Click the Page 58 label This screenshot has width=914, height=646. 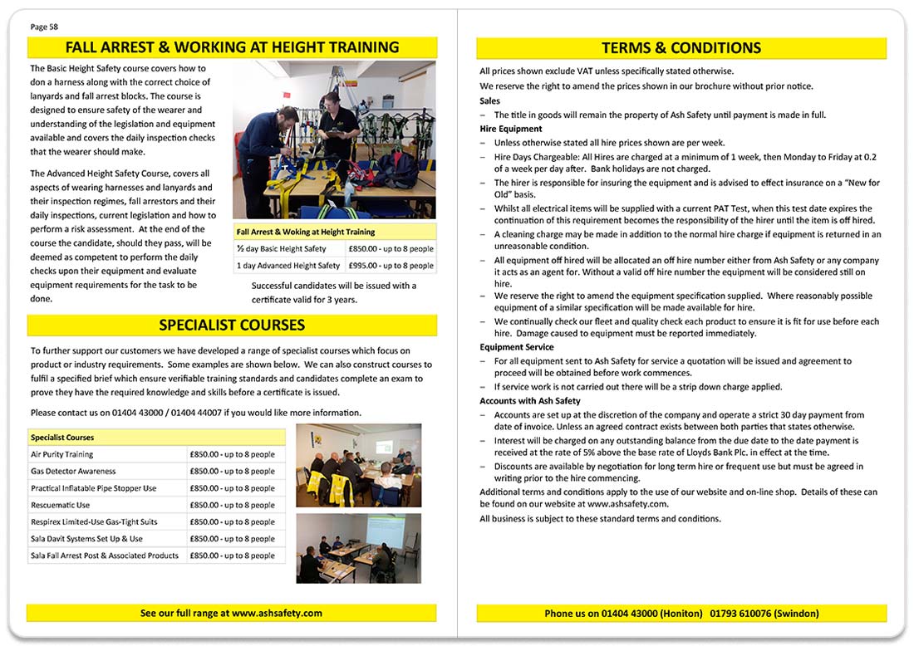(x=44, y=27)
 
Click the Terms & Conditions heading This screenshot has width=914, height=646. (x=681, y=48)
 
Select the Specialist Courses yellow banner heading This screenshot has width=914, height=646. (x=232, y=325)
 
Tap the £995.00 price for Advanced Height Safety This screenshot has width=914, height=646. (x=391, y=266)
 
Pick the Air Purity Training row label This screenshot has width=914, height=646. (x=62, y=454)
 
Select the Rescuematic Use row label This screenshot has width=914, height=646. (x=61, y=505)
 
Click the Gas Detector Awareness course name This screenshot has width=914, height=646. (x=73, y=471)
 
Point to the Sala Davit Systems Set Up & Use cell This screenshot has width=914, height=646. (x=86, y=539)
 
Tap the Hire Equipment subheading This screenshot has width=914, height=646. (x=511, y=129)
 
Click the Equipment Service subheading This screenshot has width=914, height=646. (x=517, y=347)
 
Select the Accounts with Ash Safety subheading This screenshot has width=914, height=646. (x=529, y=401)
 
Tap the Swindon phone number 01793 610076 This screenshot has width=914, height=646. (x=739, y=613)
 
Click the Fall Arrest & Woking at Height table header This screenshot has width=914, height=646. (x=305, y=232)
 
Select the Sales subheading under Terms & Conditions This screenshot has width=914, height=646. (x=490, y=101)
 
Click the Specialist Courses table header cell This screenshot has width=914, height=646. (x=62, y=437)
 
